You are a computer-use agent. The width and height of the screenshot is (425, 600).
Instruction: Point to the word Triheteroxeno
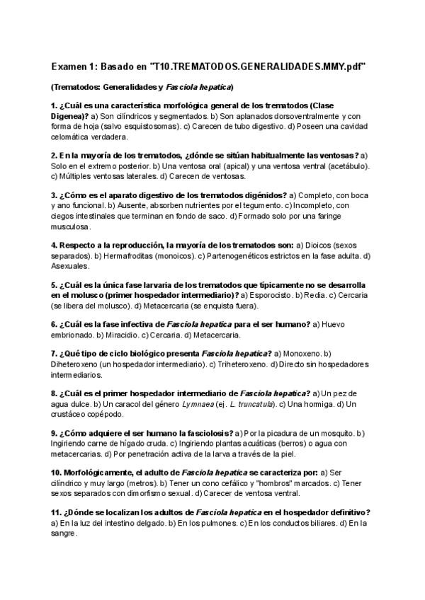[240, 364]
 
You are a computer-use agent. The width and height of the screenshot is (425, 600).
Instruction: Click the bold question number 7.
[55, 353]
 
